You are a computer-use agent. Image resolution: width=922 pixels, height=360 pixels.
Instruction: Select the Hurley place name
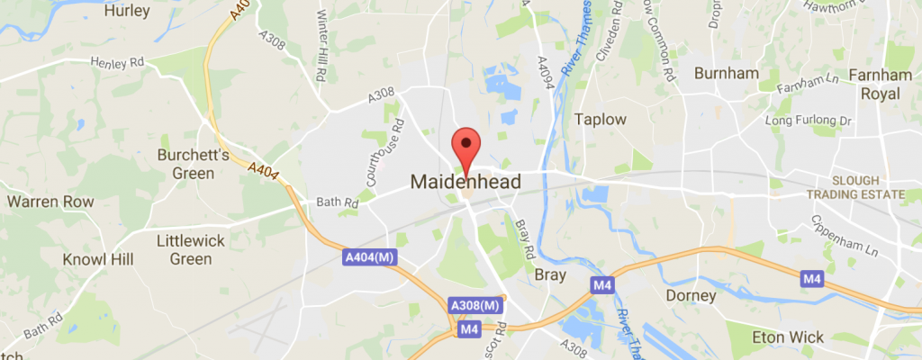coord(126,12)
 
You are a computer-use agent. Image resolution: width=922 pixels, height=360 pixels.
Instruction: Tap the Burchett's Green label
coord(186,164)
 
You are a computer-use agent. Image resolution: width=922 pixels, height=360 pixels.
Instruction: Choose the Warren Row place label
coord(50,202)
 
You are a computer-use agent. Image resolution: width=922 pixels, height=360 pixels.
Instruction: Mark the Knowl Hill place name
coord(98,259)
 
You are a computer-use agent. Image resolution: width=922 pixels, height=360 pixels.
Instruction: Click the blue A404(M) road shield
coord(369,258)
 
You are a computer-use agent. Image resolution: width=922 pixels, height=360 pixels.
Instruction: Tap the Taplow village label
coord(601,119)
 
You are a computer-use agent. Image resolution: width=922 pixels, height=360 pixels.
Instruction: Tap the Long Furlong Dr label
coord(808,120)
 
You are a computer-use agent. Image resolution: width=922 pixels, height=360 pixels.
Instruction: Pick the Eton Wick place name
coord(788,337)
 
